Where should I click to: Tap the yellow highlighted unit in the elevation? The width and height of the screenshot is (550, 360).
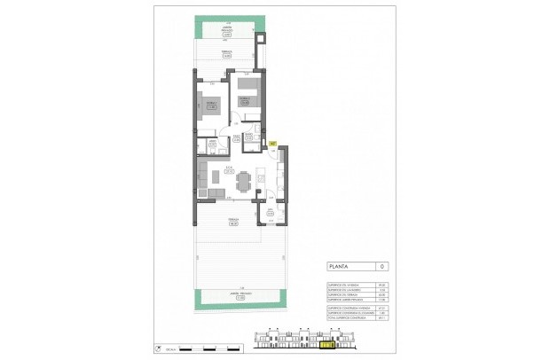(329, 346)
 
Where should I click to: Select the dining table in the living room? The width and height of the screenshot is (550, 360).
(242, 181)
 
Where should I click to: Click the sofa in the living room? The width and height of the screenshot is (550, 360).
(203, 180)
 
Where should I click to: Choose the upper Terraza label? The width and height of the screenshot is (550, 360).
(226, 54)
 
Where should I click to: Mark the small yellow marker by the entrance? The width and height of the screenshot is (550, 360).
(273, 143)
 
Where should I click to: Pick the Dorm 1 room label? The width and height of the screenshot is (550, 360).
(210, 103)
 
